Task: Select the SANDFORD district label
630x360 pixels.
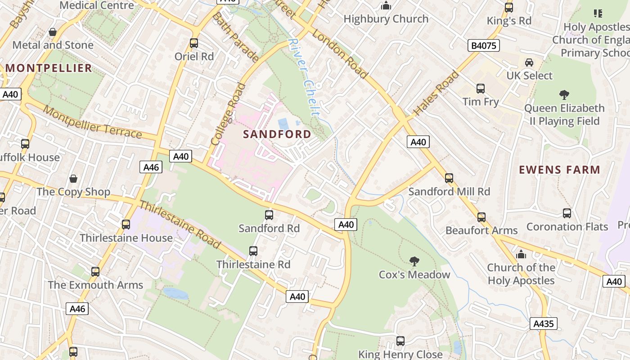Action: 277,134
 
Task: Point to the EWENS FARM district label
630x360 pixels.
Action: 559,170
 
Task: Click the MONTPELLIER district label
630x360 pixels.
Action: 49,68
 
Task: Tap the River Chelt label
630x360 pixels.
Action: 305,76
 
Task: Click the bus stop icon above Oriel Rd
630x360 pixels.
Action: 194,43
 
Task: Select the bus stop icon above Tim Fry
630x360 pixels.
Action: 481,89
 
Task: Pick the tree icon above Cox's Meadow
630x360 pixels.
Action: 414,261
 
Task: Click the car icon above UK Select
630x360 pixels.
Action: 529,62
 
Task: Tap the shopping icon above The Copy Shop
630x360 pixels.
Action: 73,179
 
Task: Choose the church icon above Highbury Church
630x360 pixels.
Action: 386,6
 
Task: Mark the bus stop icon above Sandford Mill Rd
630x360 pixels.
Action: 449,178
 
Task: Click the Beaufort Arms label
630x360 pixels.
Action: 481,230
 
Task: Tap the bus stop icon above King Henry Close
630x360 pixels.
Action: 400,341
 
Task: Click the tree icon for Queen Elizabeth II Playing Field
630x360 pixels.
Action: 564,95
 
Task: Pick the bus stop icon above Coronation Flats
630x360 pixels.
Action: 567,213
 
